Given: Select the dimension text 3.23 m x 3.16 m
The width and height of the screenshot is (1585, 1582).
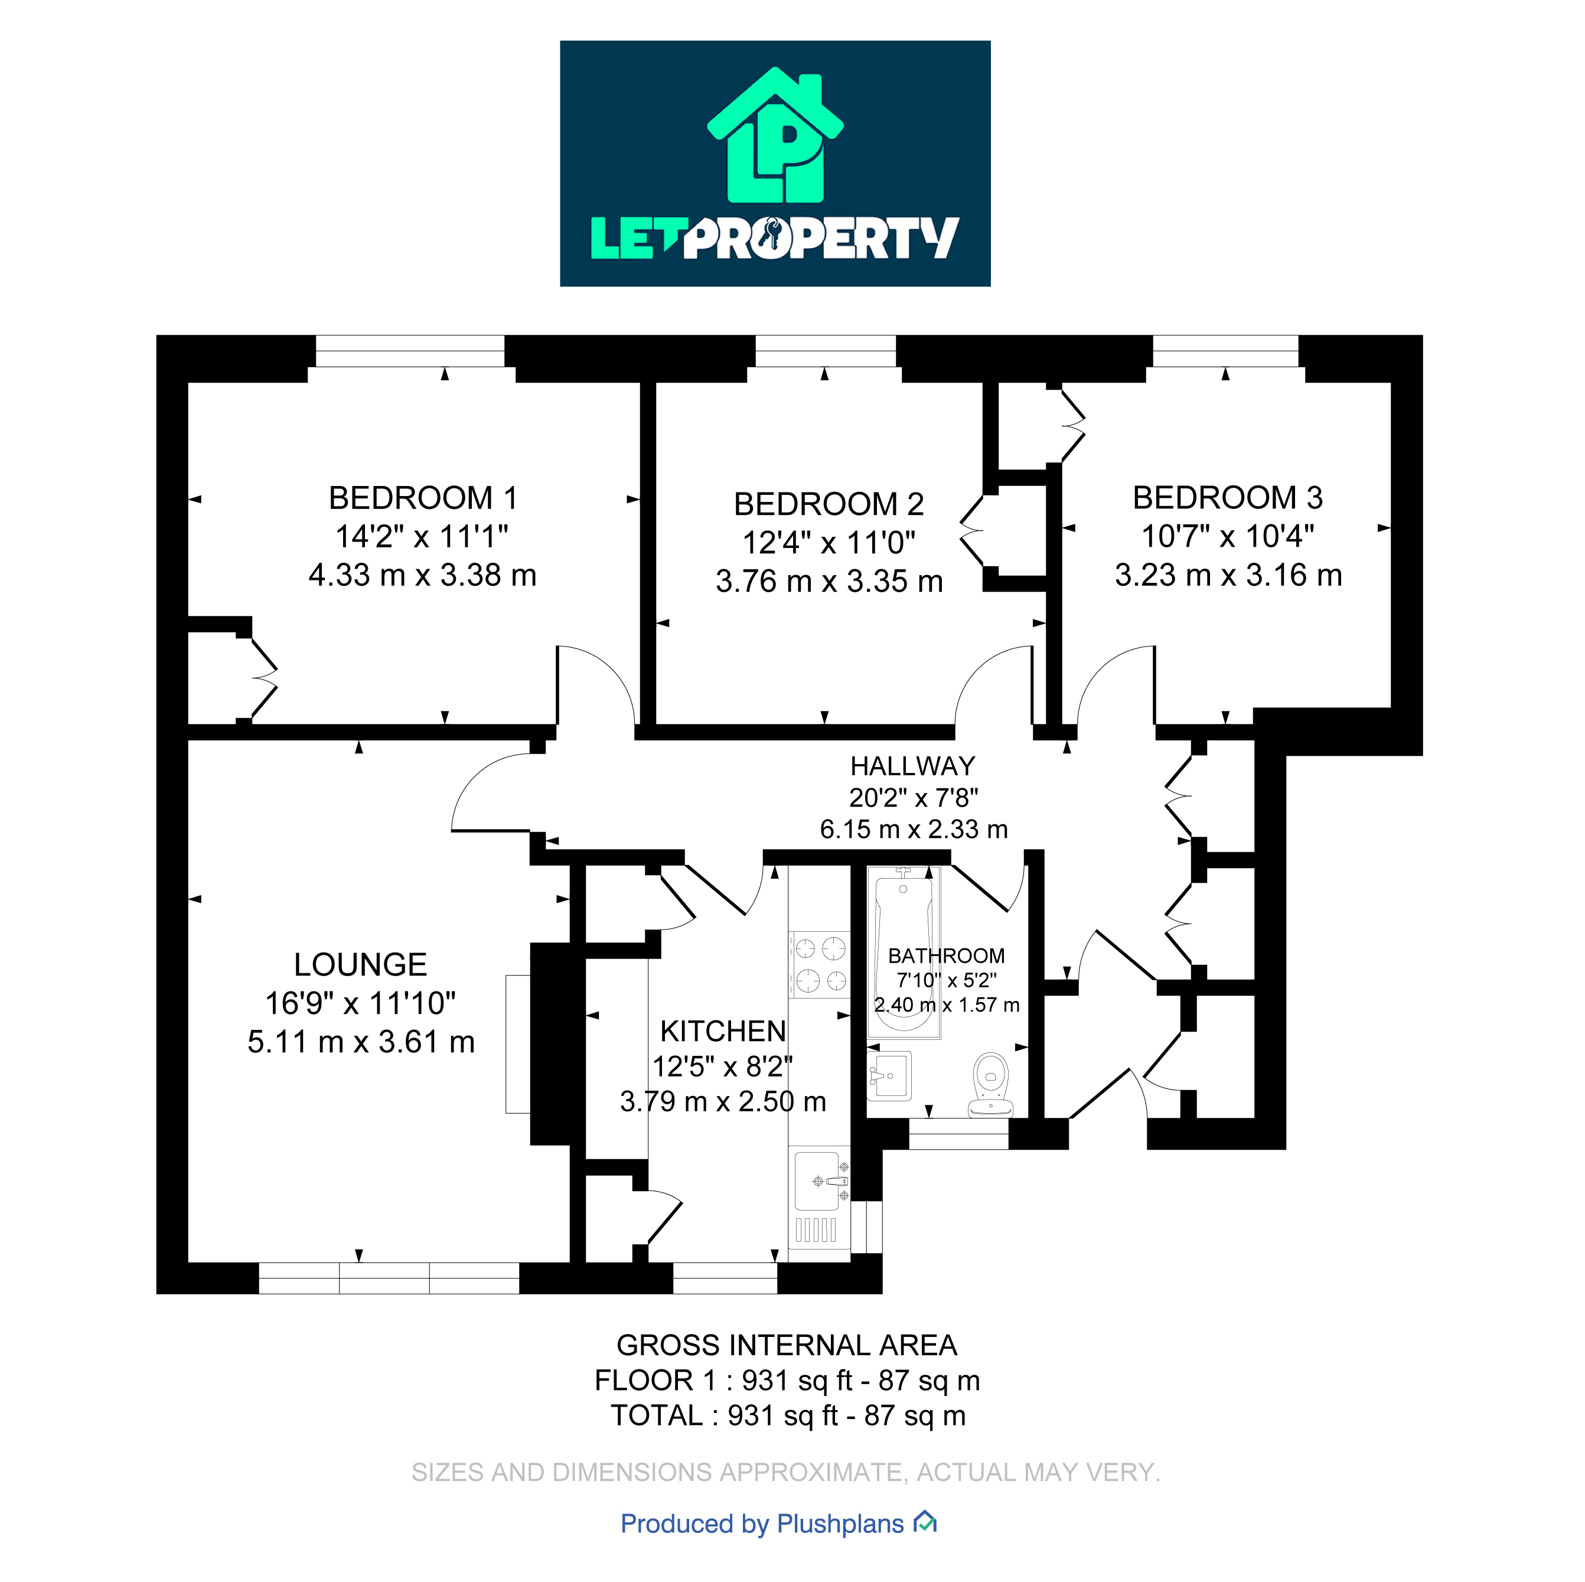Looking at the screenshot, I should (x=1228, y=575).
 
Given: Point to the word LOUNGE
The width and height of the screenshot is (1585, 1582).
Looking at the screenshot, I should (x=360, y=964).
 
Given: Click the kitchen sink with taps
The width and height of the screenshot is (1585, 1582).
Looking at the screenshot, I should (x=818, y=1181).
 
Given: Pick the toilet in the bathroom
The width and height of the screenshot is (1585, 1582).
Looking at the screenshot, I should (x=990, y=1083).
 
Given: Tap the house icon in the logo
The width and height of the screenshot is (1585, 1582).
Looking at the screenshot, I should (x=775, y=135).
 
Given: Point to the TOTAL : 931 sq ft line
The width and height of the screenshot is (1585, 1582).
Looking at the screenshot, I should (x=788, y=1415).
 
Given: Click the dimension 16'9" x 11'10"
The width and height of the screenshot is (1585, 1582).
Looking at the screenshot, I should (x=360, y=1003).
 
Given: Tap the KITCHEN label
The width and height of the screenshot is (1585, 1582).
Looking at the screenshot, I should (x=723, y=1030).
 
